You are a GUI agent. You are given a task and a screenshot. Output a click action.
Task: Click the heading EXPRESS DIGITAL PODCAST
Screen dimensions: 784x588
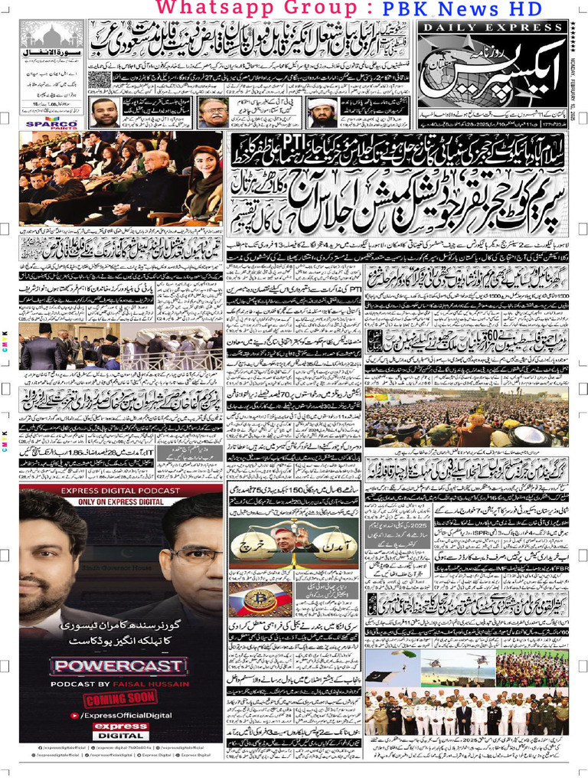[122, 491]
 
